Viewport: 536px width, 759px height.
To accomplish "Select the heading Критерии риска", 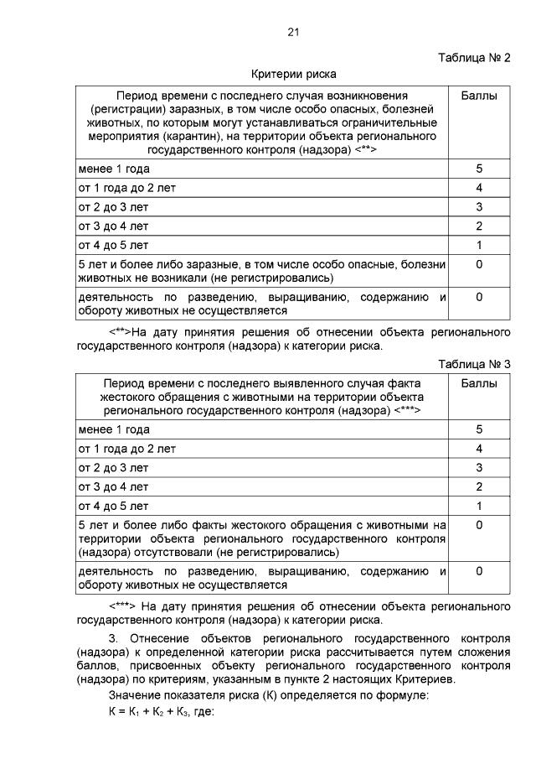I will point(276,75).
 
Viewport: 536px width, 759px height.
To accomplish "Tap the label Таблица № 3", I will point(475,363).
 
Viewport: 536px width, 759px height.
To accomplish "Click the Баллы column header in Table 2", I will point(479,96).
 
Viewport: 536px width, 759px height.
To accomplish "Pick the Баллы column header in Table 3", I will point(479,383).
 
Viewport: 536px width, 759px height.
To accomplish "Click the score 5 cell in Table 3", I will point(479,429).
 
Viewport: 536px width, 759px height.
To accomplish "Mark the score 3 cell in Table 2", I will point(479,207).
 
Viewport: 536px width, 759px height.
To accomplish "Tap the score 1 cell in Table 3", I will point(479,507).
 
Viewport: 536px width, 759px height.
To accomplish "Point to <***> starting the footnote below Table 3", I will point(122,606).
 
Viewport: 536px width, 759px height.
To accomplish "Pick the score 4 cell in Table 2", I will point(479,188).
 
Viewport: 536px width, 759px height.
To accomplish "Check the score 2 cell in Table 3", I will point(479,487).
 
